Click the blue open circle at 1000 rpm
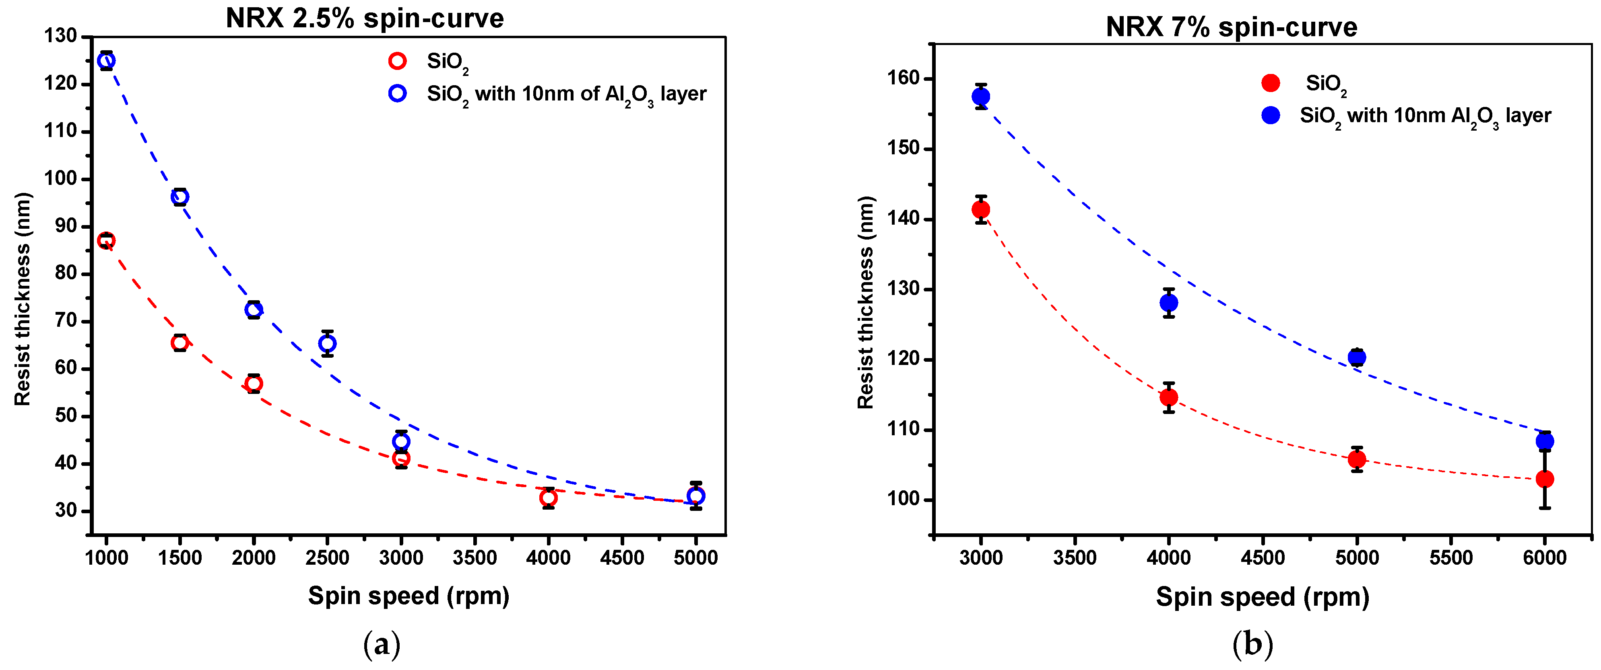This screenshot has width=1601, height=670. coord(106,60)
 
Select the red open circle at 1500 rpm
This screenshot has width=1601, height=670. coord(179,343)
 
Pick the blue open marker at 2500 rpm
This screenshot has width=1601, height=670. coord(328,343)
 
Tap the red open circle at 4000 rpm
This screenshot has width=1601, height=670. coord(548,498)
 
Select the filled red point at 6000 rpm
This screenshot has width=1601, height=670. coord(1544,479)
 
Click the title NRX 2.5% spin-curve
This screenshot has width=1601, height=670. coord(364,18)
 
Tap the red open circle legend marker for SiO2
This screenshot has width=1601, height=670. coord(397,61)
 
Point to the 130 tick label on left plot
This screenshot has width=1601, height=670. coord(60,36)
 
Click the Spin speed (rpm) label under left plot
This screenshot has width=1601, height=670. coord(409,596)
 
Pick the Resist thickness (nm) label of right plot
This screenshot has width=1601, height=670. coord(865,302)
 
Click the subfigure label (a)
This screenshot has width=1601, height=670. coord(381,645)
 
